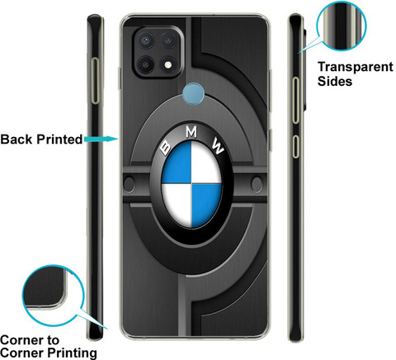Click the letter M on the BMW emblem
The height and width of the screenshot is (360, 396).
(x=191, y=132)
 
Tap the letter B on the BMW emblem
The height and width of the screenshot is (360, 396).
(x=166, y=147)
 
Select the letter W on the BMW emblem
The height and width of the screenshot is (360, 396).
(x=218, y=146)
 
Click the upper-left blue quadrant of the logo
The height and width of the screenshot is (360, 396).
(x=177, y=163)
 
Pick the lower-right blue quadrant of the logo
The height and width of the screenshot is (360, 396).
(x=206, y=205)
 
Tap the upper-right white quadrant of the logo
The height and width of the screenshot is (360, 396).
(x=206, y=163)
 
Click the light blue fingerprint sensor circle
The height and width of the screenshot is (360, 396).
(x=193, y=94)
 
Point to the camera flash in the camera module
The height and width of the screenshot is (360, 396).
(x=168, y=64)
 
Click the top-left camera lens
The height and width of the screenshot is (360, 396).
(x=145, y=40)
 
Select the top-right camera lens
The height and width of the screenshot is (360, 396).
(x=168, y=40)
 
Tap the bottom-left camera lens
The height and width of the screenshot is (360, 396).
(x=145, y=64)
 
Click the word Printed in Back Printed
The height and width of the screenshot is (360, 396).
(x=59, y=139)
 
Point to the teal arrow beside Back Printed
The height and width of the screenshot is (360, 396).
(x=101, y=139)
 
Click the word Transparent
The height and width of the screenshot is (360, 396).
(x=356, y=68)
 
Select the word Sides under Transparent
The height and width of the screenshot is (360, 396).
(x=335, y=81)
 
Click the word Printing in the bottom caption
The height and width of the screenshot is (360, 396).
(x=72, y=353)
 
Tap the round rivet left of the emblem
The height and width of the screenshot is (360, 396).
(x=129, y=184)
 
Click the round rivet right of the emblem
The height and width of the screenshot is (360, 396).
(x=257, y=184)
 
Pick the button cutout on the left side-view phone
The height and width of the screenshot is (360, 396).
(x=95, y=81)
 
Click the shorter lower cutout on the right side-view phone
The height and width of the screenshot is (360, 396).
(x=295, y=146)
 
